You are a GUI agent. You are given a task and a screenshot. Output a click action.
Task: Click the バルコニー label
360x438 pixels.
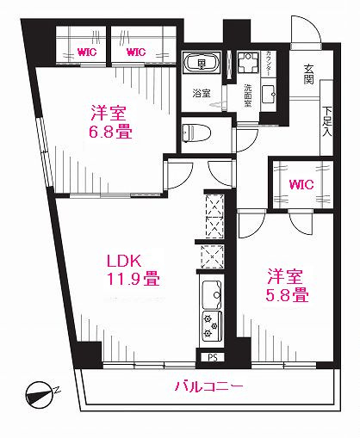click(209, 387)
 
